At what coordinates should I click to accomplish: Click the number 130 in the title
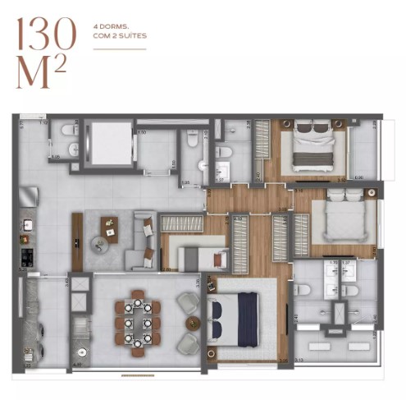(x=46, y=35)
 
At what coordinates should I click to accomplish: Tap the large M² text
(x=41, y=74)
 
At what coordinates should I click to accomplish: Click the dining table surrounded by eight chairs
(x=138, y=315)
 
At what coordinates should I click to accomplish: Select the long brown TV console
(x=77, y=241)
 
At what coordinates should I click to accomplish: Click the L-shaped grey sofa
(x=146, y=238)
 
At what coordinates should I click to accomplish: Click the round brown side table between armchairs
(x=193, y=321)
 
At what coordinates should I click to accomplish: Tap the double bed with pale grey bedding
(x=341, y=217)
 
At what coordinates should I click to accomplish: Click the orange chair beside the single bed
(x=219, y=259)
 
